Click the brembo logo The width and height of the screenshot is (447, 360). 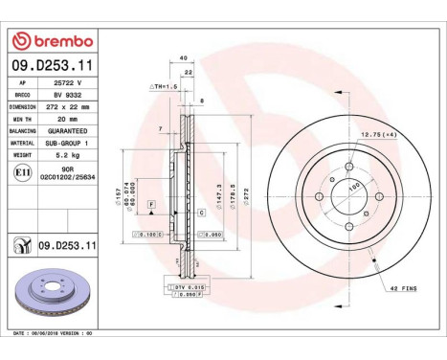coord(52,41)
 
